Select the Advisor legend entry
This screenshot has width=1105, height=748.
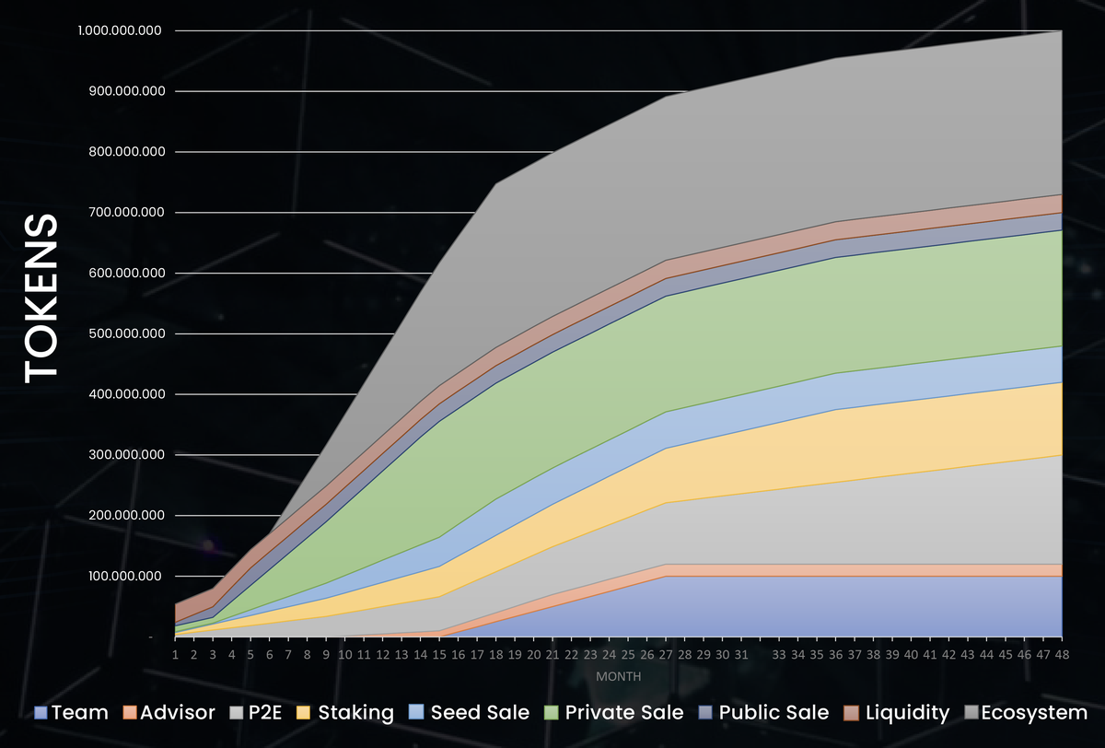(x=170, y=712)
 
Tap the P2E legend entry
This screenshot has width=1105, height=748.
(x=258, y=712)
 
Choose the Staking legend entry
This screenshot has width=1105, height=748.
(x=346, y=712)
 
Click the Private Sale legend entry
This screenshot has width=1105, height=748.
(x=614, y=712)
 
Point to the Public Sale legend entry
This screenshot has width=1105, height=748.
(x=764, y=712)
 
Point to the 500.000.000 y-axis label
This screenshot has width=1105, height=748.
(x=126, y=333)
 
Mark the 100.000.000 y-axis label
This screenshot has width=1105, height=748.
(x=126, y=576)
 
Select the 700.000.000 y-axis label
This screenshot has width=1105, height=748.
(x=126, y=212)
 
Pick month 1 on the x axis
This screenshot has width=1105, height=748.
(x=175, y=653)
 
